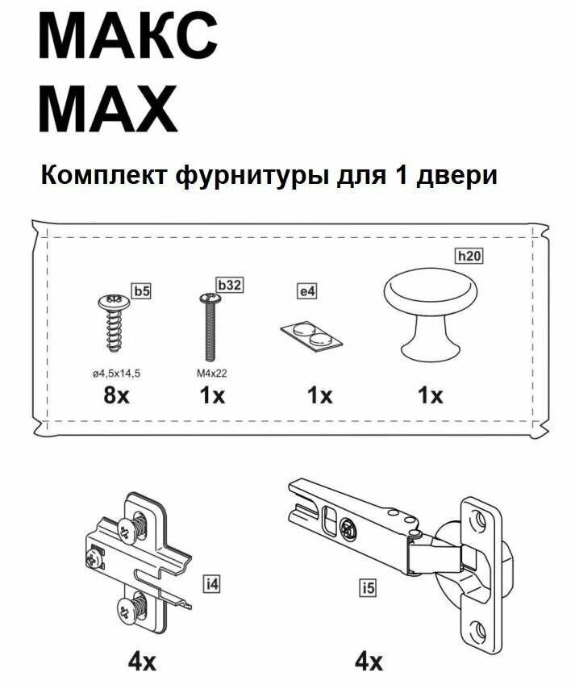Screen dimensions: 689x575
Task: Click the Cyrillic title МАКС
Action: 127,38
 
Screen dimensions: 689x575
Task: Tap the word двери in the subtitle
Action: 456,175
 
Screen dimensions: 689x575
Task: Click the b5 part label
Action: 141,291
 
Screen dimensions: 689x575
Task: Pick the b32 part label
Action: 230,285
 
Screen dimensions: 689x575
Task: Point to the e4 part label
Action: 306,291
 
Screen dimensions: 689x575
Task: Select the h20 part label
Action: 469,257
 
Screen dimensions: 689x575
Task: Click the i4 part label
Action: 212,583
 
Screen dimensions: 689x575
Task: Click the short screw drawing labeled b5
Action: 113,322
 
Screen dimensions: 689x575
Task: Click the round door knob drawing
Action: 431,311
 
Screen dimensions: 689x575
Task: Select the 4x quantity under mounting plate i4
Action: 142,662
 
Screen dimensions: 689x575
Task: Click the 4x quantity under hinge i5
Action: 369,662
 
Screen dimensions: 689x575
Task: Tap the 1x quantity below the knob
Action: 431,395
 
